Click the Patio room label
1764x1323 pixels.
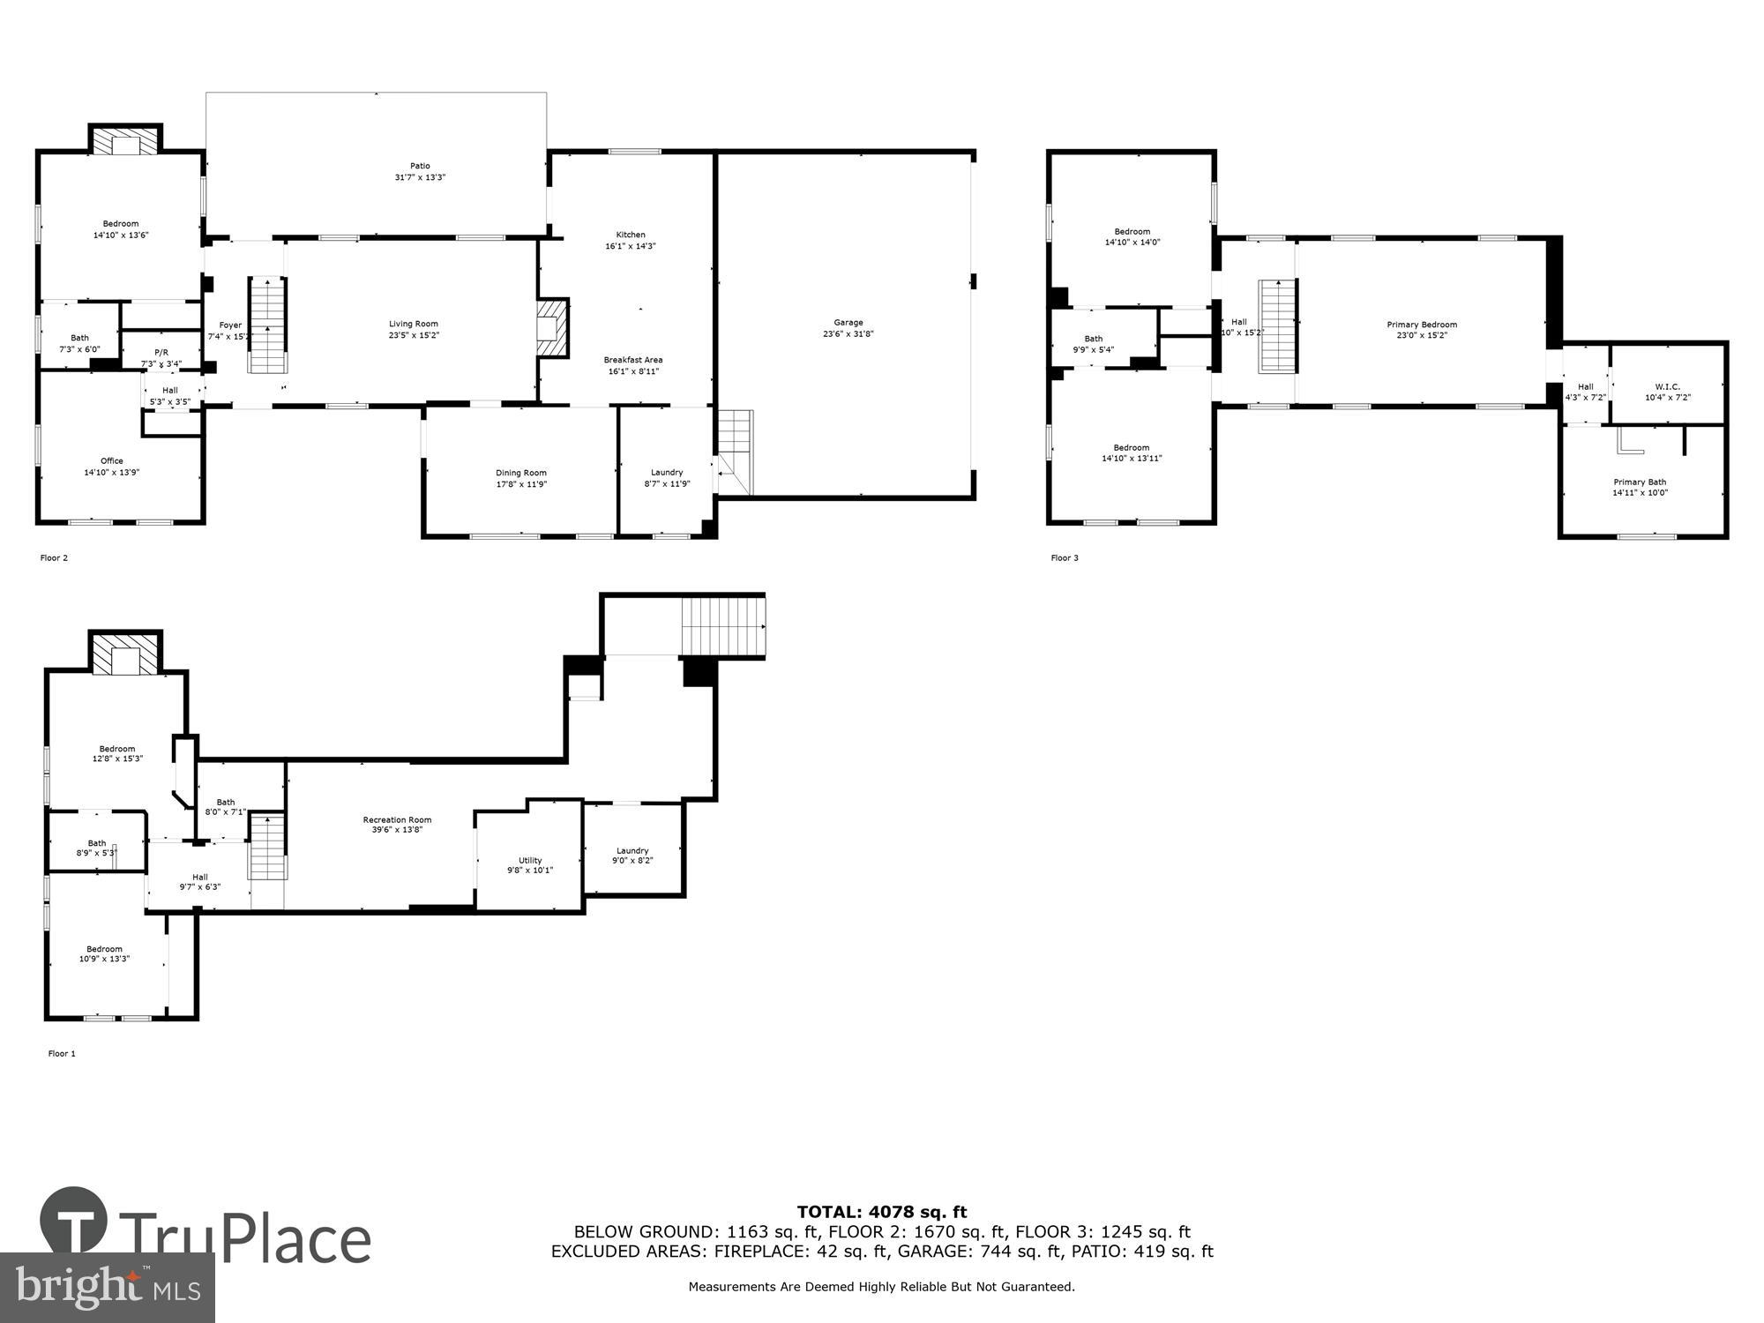pos(420,166)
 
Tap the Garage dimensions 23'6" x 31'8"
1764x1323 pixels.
pos(848,334)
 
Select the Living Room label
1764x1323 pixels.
pos(414,324)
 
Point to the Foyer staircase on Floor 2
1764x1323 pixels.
pos(267,325)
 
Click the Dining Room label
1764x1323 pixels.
pos(521,473)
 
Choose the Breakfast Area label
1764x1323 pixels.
pos(633,360)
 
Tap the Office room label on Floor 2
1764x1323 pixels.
pos(112,460)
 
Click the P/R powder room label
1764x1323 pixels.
pos(161,352)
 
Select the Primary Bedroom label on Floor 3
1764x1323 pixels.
pos(1422,325)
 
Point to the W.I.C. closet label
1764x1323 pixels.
pos(1667,386)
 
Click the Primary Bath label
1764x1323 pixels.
pos(1640,482)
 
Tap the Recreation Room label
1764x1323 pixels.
pos(397,819)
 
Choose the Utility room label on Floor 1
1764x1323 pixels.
pos(530,860)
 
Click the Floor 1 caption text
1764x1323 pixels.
pos(62,1053)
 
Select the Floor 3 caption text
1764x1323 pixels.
pos(1065,557)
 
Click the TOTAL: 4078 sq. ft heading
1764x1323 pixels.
pos(882,1212)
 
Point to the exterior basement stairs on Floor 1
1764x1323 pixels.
pos(723,625)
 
